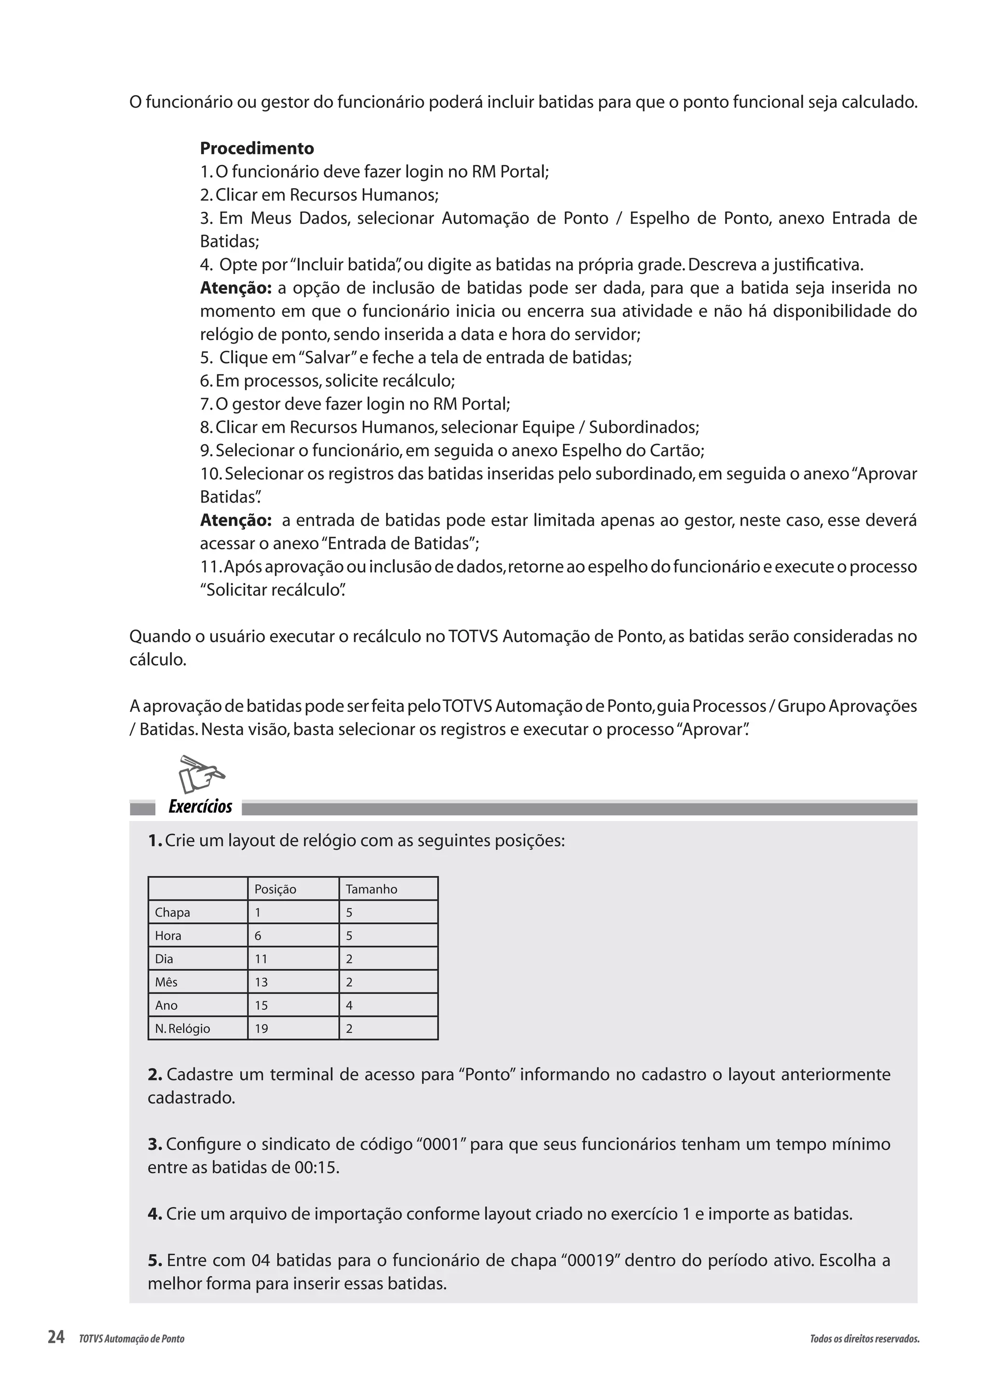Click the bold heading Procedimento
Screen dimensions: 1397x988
(x=257, y=149)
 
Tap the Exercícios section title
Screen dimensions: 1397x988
(x=200, y=807)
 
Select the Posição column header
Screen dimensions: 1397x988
(x=275, y=889)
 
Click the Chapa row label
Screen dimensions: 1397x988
(x=172, y=912)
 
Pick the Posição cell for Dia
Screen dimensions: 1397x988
(x=261, y=959)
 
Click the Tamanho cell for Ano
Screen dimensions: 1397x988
(x=349, y=1005)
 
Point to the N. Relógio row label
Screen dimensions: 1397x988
(x=182, y=1028)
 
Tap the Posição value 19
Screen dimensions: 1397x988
(x=261, y=1028)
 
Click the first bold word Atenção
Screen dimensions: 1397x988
(x=235, y=288)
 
